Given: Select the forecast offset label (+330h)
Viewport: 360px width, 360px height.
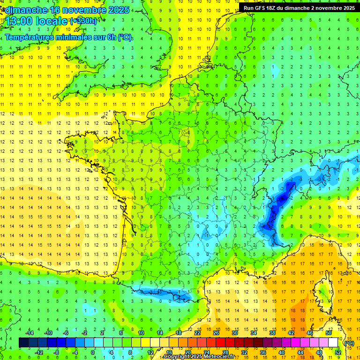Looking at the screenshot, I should (84, 21).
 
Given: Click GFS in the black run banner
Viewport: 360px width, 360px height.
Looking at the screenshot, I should (262, 8).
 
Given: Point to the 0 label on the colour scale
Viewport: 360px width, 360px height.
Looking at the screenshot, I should (93, 352).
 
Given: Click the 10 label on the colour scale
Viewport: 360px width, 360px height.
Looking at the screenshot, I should (140, 333).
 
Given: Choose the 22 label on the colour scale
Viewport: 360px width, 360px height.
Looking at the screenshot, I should (197, 333).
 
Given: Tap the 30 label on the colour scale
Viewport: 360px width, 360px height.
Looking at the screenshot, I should (235, 333).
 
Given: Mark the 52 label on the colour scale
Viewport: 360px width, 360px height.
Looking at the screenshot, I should (337, 352).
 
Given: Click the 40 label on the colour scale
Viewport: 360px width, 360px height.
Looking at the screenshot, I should (281, 352).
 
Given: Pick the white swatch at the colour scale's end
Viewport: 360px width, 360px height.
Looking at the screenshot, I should (333, 343).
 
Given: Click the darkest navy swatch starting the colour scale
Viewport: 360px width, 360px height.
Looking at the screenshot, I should (23, 343).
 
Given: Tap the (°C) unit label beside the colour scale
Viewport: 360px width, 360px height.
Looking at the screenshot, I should (349, 343).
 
